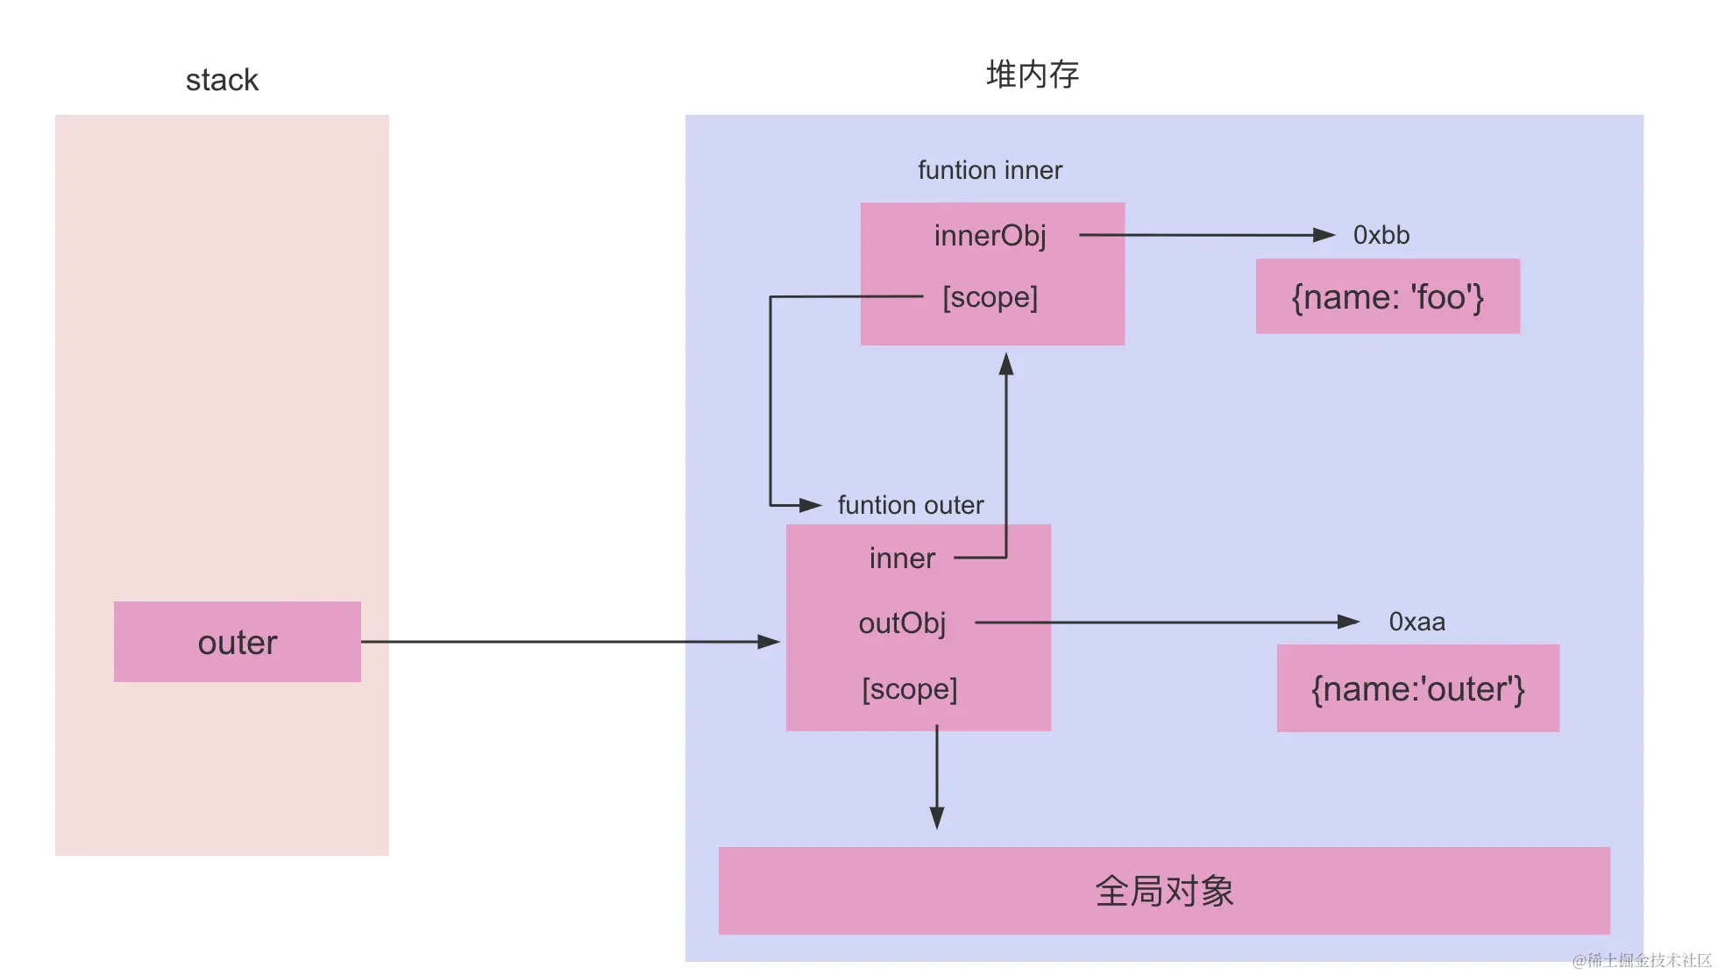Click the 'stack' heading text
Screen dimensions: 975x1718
[x=222, y=81]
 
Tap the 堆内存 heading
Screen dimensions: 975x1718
[x=1032, y=75]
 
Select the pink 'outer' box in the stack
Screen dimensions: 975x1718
[x=237, y=642]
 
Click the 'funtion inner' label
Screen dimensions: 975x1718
[x=990, y=170]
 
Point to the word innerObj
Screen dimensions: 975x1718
[x=990, y=236]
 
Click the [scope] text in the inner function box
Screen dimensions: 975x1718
[x=990, y=297]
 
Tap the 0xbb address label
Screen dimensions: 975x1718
[x=1381, y=235]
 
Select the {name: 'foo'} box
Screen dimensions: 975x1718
[x=1388, y=296]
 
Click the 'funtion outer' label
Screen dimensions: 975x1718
[x=910, y=505]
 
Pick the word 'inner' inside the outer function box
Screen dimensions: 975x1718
[x=902, y=559]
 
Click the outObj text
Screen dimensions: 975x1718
[x=902, y=623]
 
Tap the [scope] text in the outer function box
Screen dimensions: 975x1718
[x=909, y=689]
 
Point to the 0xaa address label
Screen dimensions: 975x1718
[x=1416, y=622]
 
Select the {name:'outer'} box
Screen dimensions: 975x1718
[x=1417, y=688]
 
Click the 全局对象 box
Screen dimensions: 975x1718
[x=1163, y=891]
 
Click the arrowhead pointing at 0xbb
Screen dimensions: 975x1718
[x=1324, y=235]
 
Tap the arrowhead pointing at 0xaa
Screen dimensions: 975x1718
[x=1348, y=622]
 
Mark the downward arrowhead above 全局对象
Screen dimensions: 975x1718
[x=936, y=818]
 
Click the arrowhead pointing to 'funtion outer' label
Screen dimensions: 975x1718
[x=810, y=505]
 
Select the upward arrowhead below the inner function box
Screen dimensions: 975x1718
[x=1006, y=365]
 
